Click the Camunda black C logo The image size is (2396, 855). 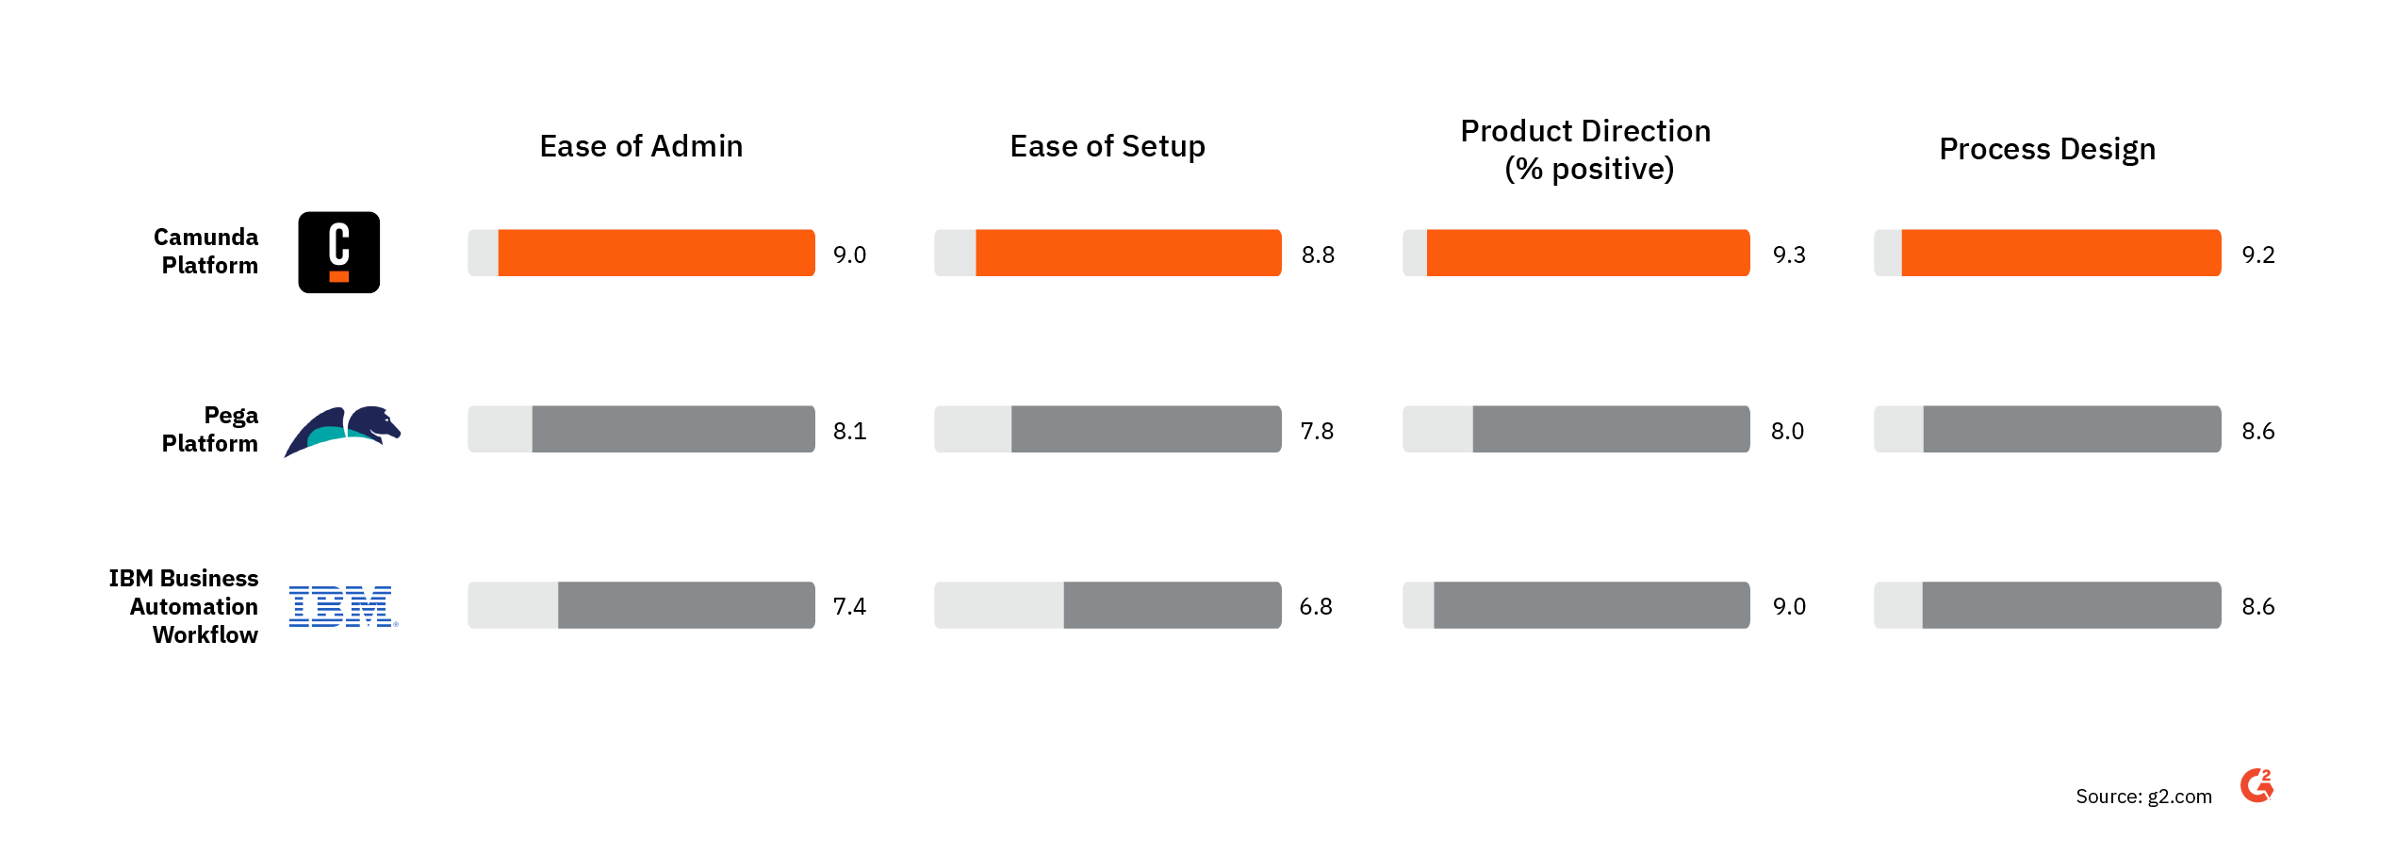pos(338,253)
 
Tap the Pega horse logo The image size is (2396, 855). pos(343,431)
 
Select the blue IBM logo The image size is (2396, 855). pos(342,606)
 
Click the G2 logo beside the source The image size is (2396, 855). pos(2257,785)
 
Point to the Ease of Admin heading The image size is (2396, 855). pos(641,146)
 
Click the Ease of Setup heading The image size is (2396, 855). pos(1108,146)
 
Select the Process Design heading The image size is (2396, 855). pos(2047,149)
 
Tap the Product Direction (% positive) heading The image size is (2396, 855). pos(1586,150)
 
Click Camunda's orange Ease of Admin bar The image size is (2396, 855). pos(656,253)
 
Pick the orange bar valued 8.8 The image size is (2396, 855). pos(1128,253)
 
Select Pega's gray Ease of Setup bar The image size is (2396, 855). pos(1146,429)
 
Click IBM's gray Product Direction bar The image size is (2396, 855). pos(1591,605)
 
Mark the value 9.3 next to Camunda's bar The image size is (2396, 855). pos(1789,255)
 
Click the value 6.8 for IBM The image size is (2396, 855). pos(1316,606)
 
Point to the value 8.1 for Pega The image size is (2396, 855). pos(849,431)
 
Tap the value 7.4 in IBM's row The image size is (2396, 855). pos(849,606)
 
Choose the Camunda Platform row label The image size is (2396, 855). pos(207,251)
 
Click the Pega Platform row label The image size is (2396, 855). pos(210,429)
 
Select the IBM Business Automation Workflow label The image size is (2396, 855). pos(185,606)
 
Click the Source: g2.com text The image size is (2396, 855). pos(2143,797)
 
